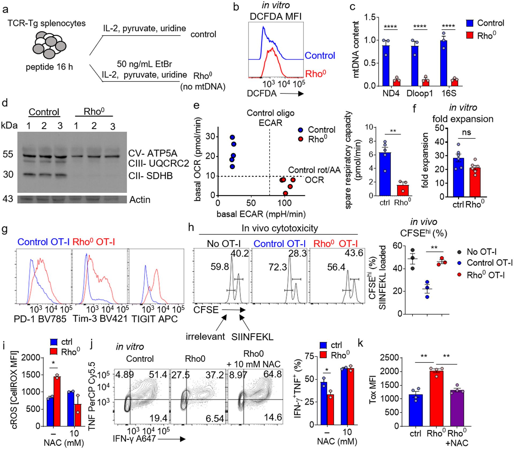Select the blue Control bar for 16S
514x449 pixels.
[x=443, y=63]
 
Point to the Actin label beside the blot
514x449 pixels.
[x=140, y=200]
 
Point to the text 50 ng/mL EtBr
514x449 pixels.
[x=144, y=64]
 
